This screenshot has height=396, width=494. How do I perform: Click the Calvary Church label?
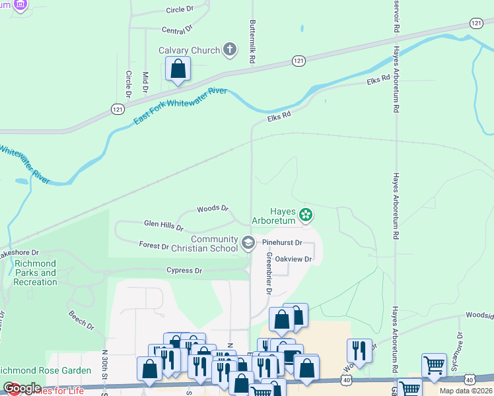[189, 50]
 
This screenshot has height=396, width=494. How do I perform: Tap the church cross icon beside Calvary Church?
[230, 49]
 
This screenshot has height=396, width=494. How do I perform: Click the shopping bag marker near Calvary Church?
[178, 69]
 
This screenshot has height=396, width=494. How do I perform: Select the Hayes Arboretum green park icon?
[305, 214]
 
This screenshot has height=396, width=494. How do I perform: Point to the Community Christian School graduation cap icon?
[248, 244]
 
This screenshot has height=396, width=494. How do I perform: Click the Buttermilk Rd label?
[252, 41]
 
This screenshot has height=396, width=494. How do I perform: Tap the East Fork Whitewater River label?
[180, 105]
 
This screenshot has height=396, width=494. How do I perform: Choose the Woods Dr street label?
[212, 209]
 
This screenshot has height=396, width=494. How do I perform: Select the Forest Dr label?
[154, 246]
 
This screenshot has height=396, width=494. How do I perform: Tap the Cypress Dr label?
[184, 271]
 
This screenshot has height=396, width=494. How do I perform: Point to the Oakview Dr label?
[293, 259]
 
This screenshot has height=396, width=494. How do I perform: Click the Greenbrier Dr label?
[269, 273]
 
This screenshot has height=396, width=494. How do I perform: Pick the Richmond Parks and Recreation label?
[36, 273]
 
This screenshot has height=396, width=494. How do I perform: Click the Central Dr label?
[176, 29]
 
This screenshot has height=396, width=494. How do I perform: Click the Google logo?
[22, 388]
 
